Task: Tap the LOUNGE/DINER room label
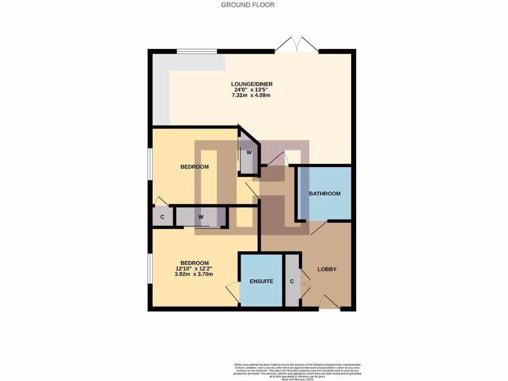[252, 84]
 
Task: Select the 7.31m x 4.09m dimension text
[252, 95]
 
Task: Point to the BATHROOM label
[324, 193]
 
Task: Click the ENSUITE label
[261, 281]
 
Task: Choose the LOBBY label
[327, 269]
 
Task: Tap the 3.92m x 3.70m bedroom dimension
[194, 274]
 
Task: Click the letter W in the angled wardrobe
[249, 152]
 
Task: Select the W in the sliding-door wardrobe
[201, 217]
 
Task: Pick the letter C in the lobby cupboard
[292, 281]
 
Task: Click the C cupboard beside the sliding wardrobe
[162, 217]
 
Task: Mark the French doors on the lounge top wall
[297, 45]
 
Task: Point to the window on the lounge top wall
[196, 51]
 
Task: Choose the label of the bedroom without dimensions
[194, 167]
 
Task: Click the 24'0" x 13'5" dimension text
[252, 90]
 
